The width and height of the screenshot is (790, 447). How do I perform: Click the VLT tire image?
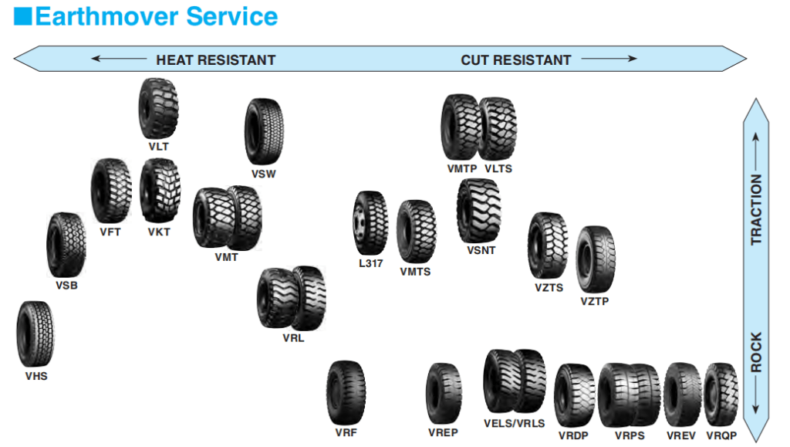159,108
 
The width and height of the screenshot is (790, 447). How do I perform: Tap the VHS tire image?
35,334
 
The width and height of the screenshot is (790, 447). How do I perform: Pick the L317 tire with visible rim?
370,223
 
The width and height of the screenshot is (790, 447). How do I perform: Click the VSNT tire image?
478,210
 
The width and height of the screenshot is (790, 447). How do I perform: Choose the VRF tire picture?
346,391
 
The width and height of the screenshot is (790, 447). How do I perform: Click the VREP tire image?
444,392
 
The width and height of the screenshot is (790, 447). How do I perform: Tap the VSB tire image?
66,246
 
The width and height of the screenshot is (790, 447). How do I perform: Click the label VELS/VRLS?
514,423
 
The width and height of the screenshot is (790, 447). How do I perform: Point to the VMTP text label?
461,168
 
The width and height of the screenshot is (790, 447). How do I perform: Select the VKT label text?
159,232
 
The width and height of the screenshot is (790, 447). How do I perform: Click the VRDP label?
573,436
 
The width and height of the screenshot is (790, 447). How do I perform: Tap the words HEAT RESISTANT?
215,60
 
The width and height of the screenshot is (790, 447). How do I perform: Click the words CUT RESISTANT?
515,60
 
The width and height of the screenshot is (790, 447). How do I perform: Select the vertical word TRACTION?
756,209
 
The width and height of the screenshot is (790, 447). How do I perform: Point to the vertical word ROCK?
756,352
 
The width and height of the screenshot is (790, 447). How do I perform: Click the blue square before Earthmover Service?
23,16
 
